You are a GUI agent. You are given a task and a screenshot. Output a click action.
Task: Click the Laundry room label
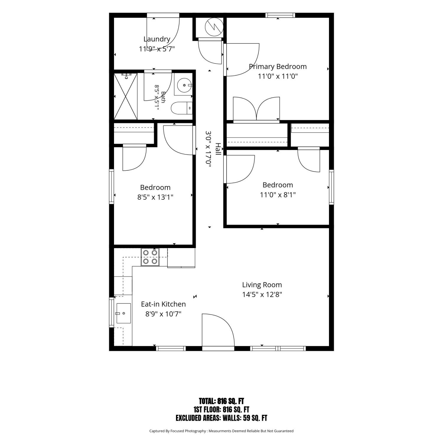click(x=157, y=39)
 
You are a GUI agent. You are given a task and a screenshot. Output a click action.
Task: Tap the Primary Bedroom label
click(x=278, y=67)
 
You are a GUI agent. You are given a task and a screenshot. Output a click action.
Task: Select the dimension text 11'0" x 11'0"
click(x=278, y=76)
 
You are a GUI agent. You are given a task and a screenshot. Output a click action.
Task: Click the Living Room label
click(x=262, y=285)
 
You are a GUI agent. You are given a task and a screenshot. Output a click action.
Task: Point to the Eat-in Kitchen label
click(x=163, y=304)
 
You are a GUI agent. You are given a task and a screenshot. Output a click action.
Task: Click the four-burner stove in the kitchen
click(x=150, y=257)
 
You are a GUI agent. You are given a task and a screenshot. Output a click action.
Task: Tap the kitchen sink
click(x=123, y=313)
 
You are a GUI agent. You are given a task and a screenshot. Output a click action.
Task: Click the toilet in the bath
click(x=182, y=108)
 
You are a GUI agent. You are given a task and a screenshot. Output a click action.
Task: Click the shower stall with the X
click(x=126, y=96)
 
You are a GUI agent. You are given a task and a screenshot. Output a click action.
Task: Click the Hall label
click(x=218, y=149)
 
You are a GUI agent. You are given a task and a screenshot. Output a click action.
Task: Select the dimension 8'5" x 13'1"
click(x=155, y=197)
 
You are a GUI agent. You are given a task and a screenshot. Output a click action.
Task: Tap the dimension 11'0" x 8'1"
click(x=278, y=195)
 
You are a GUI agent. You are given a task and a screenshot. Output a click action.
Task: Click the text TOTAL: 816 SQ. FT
click(x=221, y=401)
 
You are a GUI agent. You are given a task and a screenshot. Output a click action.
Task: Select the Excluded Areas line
click(x=221, y=418)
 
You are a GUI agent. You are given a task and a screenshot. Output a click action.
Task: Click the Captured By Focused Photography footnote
click(x=221, y=431)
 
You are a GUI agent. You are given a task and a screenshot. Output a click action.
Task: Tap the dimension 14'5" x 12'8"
click(x=262, y=295)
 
